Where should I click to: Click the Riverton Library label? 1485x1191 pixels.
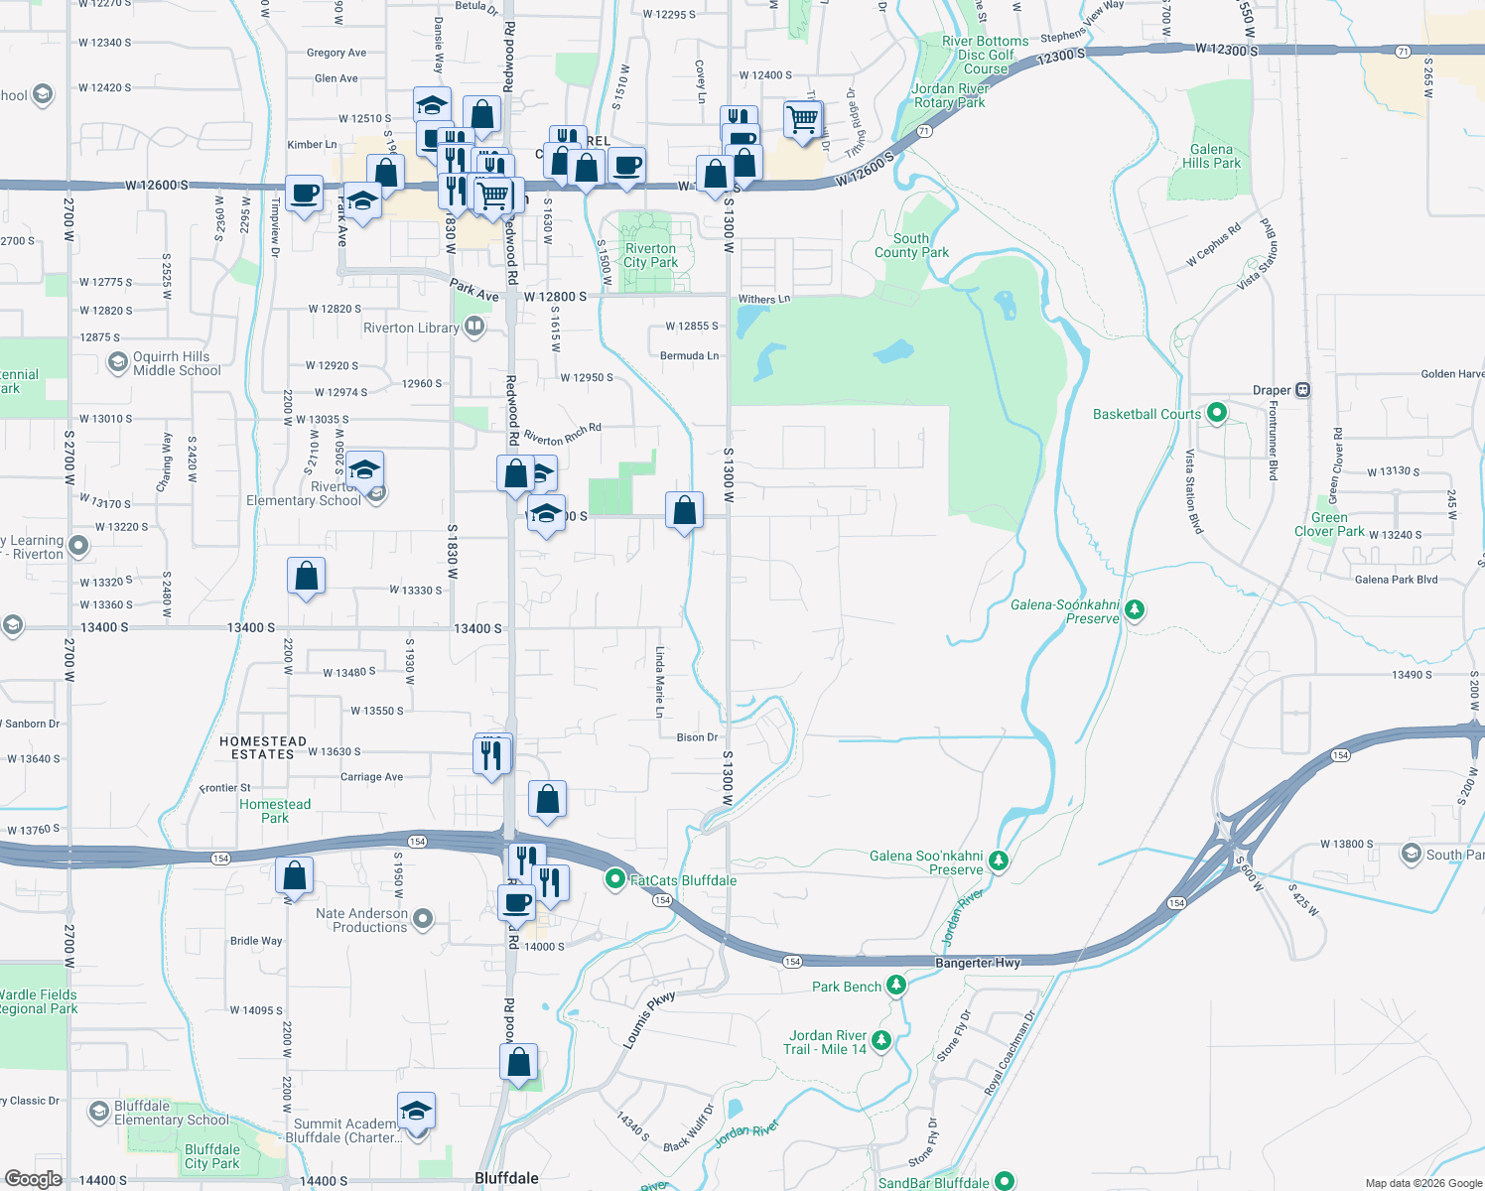tap(411, 328)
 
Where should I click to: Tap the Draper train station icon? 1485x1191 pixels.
tap(1303, 390)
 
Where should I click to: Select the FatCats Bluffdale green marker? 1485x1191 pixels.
tap(615, 879)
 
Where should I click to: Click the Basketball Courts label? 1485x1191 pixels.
tap(1147, 414)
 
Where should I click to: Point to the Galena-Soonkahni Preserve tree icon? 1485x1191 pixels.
tap(1135, 609)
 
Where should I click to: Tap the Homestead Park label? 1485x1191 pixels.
tap(275, 811)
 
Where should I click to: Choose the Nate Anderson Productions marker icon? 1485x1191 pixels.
tap(423, 918)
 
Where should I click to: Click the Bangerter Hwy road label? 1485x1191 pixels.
tap(977, 963)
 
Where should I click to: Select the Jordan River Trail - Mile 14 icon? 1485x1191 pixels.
tap(880, 1041)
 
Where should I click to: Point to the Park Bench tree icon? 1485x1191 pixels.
tap(896, 985)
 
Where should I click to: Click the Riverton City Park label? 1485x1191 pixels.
tap(650, 255)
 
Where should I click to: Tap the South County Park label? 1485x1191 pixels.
tap(911, 245)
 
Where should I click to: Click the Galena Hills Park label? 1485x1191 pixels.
tap(1211, 156)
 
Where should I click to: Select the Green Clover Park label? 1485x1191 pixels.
tap(1329, 524)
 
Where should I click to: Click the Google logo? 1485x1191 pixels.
tap(33, 1178)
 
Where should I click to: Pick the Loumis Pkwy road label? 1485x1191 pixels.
tap(649, 1019)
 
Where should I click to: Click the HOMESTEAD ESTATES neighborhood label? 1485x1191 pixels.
tap(263, 747)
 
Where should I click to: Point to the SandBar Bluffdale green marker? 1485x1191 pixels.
tap(1005, 1181)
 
